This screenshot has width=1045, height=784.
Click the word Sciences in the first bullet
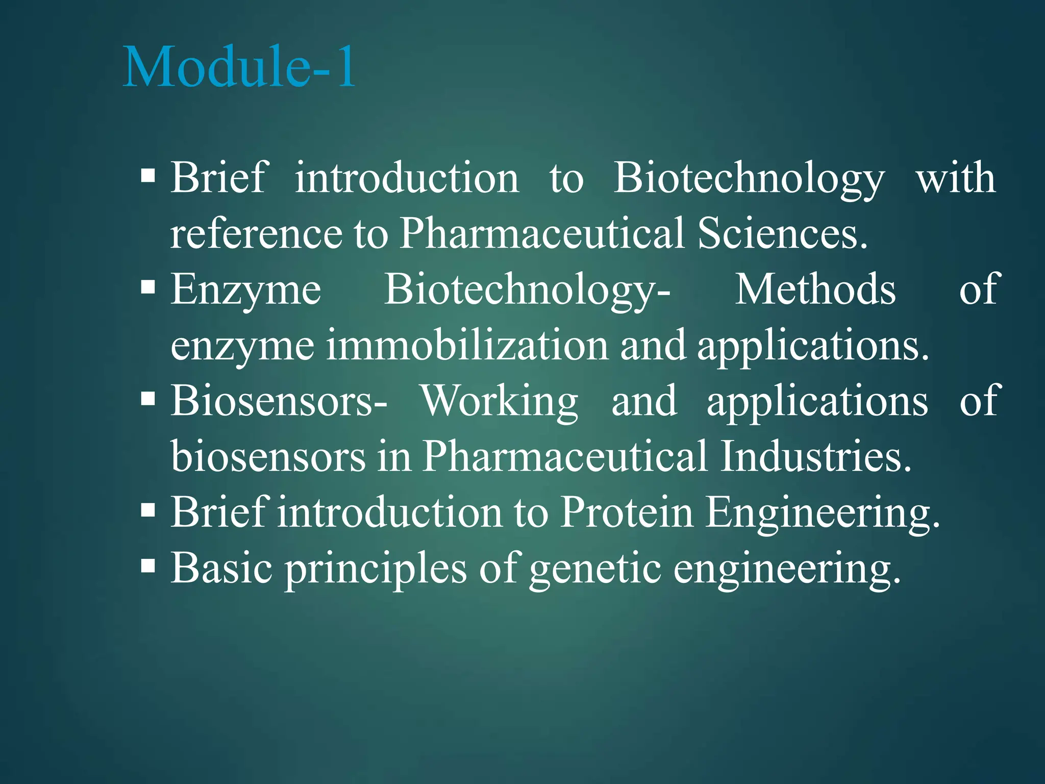[782, 233]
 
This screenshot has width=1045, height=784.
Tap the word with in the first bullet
[956, 178]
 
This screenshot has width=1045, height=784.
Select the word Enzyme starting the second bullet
[245, 290]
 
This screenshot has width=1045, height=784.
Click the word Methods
[815, 289]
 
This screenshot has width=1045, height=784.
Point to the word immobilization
[467, 346]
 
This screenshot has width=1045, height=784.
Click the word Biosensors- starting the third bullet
[279, 401]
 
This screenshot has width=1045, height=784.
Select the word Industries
[815, 456]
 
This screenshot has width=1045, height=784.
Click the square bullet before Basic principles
[148, 565]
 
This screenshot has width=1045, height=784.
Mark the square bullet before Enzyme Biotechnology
[148, 287]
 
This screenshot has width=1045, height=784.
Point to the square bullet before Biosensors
[148, 398]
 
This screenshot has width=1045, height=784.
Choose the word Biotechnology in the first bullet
[749, 178]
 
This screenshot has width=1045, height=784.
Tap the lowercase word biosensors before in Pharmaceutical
[268, 456]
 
